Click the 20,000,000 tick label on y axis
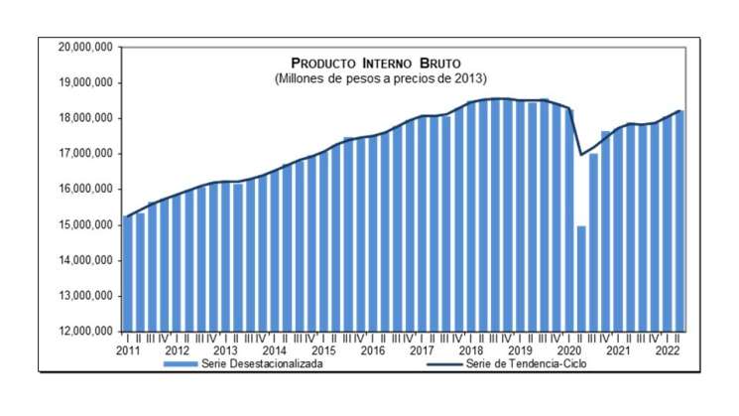pyautogui.click(x=86, y=47)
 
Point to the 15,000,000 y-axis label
pyautogui.click(x=86, y=224)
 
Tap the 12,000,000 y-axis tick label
pyautogui.click(x=86, y=332)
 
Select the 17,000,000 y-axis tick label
pyautogui.click(x=86, y=154)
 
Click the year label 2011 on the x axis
pyautogui.click(x=127, y=350)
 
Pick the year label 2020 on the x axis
pyautogui.click(x=569, y=350)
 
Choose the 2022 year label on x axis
pyautogui.click(x=667, y=350)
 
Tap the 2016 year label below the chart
pyautogui.click(x=373, y=350)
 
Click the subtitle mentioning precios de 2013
pyautogui.click(x=381, y=77)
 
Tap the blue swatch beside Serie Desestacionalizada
pyautogui.click(x=189, y=363)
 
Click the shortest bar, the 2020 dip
pyautogui.click(x=581, y=278)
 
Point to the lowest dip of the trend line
pyautogui.click(x=581, y=155)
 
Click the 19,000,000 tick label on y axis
pyautogui.click(x=86, y=82)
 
